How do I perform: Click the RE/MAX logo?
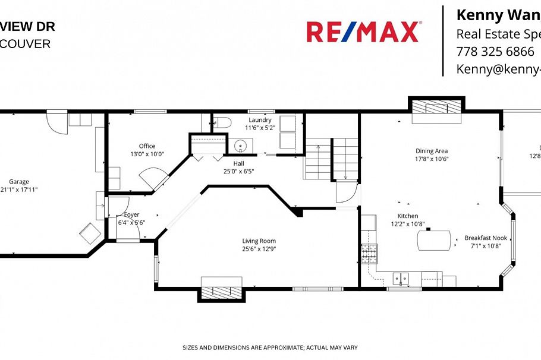[363, 31]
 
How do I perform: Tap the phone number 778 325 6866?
[495, 51]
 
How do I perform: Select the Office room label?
[147, 146]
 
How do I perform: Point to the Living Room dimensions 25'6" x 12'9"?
[259, 249]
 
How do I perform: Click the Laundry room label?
[260, 119]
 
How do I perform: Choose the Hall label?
[238, 163]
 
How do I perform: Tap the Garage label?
[18, 182]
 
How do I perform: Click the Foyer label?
[131, 214]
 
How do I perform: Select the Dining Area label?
[431, 151]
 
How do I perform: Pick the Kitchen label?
[407, 216]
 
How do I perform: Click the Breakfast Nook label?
[486, 238]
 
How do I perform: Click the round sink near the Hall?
[241, 145]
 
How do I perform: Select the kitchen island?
[434, 240]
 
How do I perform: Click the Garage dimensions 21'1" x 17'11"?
[18, 190]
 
